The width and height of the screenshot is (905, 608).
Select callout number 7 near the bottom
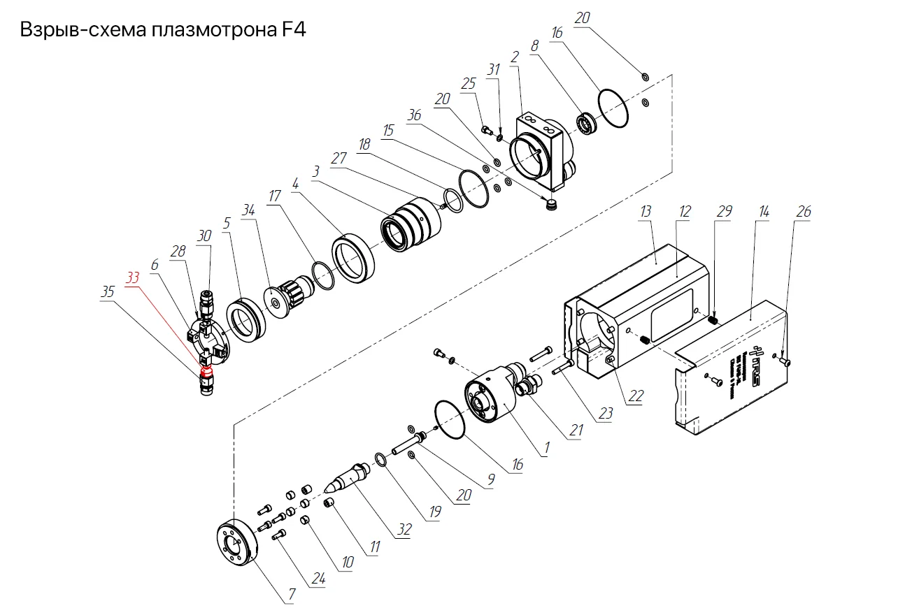[x=292, y=595]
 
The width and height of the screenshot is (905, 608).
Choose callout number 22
[x=635, y=396]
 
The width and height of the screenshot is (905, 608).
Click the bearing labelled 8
[x=585, y=123]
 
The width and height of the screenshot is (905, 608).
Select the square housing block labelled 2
[x=543, y=150]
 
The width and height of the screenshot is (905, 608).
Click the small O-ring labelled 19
[x=380, y=459]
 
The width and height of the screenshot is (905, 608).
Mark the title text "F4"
[x=292, y=31]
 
